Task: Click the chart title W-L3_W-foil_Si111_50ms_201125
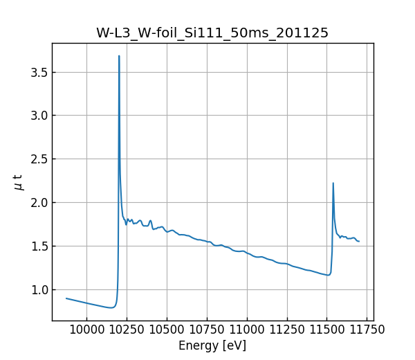212,33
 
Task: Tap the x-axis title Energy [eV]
212,345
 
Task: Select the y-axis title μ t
19,182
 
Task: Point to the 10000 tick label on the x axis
86,330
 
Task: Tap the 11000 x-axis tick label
247,330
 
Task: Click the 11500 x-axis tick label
327,330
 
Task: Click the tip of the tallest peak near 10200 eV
119,56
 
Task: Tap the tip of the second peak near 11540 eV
333,183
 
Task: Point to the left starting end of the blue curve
66,298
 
